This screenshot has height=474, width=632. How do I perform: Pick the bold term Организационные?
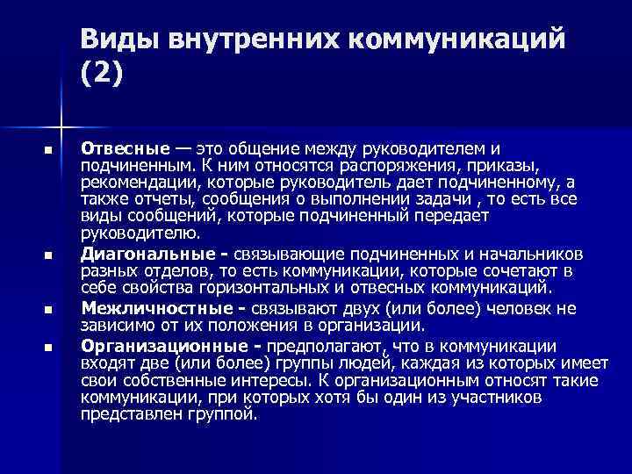tap(164, 345)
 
